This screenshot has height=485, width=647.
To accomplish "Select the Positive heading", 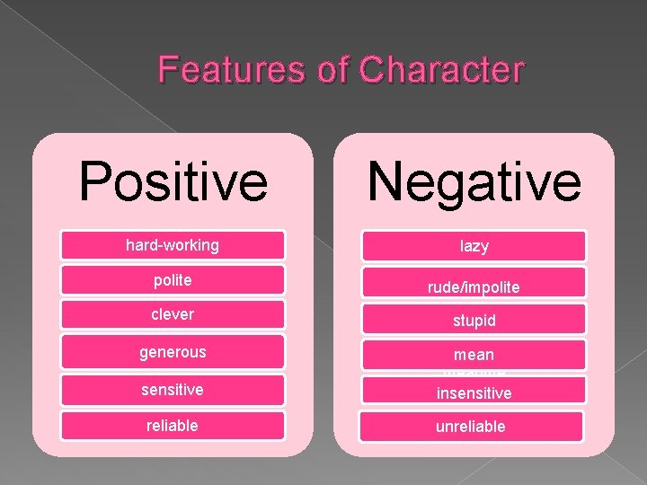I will (173, 180).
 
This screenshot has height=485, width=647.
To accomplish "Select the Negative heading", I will (474, 180).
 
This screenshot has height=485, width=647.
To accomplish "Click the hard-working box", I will (172, 245).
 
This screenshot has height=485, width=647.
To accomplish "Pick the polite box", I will (172, 280).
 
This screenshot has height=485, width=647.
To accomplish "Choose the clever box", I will (172, 315).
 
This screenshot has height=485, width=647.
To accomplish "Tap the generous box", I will (172, 352).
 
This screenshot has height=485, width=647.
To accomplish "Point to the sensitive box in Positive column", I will (172, 390).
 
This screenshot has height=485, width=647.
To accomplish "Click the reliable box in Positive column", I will (172, 426).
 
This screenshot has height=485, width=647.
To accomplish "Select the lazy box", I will (473, 246).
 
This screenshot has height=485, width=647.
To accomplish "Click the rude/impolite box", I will (473, 283).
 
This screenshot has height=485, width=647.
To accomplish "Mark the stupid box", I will (473, 320).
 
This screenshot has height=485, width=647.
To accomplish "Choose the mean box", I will (473, 355).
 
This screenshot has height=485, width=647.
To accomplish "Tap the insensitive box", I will (473, 392).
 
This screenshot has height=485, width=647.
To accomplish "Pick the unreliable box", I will (473, 427).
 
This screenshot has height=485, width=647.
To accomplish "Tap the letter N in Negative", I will (388, 180).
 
